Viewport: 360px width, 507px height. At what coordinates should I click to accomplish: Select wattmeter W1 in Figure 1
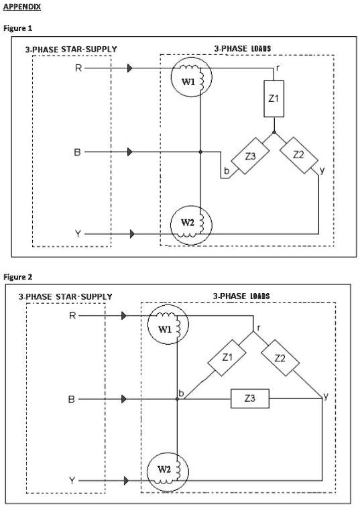[190, 80]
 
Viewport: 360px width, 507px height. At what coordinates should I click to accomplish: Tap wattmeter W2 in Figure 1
[190, 222]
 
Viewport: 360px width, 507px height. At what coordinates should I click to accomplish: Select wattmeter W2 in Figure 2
[166, 469]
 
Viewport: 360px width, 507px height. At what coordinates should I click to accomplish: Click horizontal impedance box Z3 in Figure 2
[250, 399]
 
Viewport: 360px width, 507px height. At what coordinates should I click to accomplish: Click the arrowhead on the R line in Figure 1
[131, 68]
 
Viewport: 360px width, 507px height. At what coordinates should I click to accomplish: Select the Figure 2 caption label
[18, 276]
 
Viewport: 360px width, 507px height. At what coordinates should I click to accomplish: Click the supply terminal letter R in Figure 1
[79, 68]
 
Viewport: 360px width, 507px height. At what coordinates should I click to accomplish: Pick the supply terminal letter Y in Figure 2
[72, 481]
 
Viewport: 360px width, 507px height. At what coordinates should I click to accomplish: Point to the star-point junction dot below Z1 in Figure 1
[274, 133]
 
